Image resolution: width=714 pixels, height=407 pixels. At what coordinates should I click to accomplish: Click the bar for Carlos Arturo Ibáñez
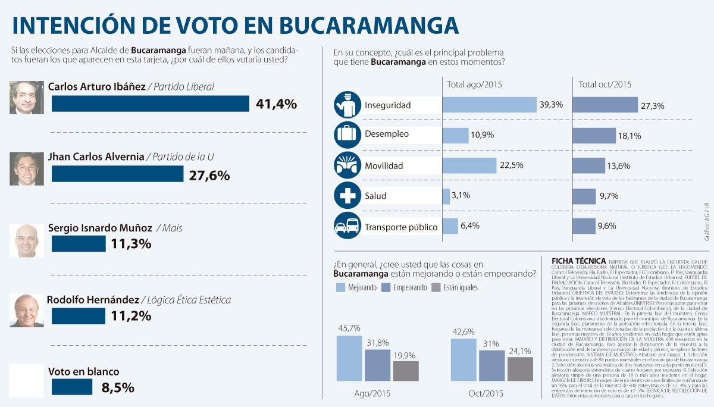point(150,104)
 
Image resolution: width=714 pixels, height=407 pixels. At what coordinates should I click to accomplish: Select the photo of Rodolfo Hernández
point(27,311)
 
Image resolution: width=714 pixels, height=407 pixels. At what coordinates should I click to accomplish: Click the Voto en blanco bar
point(72,387)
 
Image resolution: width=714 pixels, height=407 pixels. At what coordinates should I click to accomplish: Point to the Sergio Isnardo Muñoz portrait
point(27,241)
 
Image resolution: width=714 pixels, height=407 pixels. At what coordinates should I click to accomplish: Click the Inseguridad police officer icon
point(347,105)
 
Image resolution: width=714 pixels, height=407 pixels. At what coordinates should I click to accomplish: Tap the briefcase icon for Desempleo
point(347,134)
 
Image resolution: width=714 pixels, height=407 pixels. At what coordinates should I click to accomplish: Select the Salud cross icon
point(347,195)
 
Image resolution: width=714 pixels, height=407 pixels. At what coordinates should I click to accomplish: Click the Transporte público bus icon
point(347,226)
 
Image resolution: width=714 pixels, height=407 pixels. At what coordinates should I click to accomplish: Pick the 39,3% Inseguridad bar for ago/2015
point(489,105)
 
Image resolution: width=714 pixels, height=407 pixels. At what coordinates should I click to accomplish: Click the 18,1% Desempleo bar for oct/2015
point(594,136)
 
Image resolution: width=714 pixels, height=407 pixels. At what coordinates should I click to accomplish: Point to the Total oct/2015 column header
point(605,84)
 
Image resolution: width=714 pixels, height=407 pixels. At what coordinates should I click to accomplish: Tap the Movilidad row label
point(384,165)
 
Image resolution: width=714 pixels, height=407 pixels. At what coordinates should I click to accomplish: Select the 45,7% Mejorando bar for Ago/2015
point(349,358)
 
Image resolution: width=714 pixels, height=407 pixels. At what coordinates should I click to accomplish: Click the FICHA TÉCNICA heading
point(578,261)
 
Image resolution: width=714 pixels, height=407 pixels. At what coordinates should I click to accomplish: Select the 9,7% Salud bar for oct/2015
point(584,196)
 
